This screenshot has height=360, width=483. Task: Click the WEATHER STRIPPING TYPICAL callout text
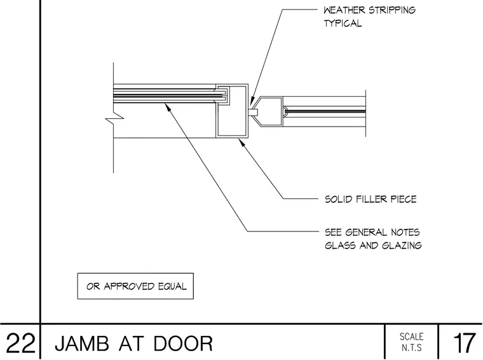point(369,17)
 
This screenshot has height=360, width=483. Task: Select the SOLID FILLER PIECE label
point(371,199)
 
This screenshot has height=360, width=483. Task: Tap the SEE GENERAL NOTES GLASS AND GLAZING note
point(373,239)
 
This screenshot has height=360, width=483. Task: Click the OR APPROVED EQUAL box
point(135,286)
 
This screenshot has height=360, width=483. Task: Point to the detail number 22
point(20,343)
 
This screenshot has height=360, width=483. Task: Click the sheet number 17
point(464,343)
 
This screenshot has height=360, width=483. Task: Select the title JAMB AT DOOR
point(134,343)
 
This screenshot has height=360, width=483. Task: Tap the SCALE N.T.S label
point(412,342)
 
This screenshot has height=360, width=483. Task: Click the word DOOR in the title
point(183,343)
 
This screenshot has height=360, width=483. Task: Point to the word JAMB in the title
point(82,343)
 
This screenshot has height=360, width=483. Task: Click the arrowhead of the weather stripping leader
point(251,101)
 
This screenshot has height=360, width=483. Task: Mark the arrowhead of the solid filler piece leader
point(241,142)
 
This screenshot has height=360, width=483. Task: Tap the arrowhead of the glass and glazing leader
point(168,106)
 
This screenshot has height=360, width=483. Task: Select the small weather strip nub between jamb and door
point(253,111)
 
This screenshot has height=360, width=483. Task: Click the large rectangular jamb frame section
point(231,111)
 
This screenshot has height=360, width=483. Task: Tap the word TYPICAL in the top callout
point(343,24)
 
